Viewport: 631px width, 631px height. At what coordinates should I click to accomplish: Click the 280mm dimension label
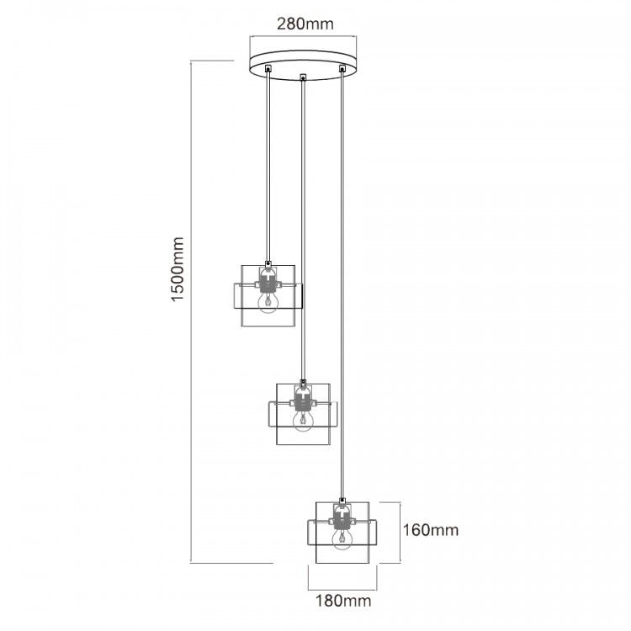point(305,24)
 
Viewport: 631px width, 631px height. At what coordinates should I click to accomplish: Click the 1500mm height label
point(177,269)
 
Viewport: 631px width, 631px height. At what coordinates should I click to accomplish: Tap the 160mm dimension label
point(431,530)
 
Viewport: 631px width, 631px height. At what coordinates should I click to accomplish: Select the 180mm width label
point(343,602)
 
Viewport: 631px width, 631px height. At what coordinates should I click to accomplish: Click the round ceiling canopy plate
point(303,65)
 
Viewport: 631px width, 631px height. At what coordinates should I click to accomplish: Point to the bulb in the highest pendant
point(268,303)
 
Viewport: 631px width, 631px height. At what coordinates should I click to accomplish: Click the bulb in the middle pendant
point(303,422)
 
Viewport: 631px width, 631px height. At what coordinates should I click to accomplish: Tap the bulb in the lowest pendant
point(342,539)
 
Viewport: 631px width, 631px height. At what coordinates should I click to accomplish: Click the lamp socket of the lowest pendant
point(342,518)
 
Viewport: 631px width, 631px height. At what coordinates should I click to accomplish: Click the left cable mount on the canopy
point(268,68)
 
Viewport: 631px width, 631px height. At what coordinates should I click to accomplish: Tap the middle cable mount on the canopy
point(303,77)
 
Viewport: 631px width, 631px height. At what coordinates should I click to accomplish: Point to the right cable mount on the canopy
point(342,68)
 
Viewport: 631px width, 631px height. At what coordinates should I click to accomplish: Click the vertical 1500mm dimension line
point(191,312)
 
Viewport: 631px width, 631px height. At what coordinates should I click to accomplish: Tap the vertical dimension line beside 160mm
point(400,533)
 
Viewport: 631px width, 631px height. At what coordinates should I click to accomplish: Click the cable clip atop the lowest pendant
point(342,501)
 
